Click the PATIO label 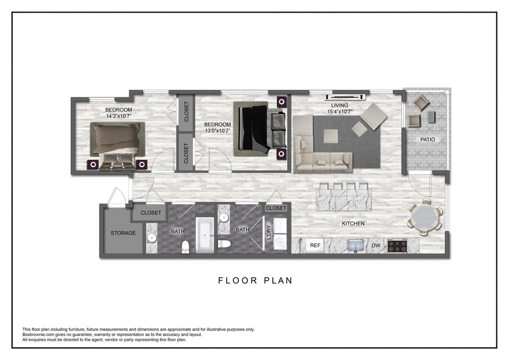point(428,140)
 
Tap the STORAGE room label point(123,233)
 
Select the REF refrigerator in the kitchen point(315,246)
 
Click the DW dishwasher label point(376,246)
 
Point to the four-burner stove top point(397,245)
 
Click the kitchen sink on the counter point(356,245)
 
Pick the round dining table point(425,218)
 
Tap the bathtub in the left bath point(205,235)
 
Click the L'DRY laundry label point(268,233)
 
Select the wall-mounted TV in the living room point(345,96)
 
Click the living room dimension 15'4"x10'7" point(340,112)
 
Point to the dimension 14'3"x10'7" point(119,116)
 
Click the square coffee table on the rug point(330,136)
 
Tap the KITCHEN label point(353,224)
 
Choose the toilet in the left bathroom point(185,247)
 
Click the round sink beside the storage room point(151,238)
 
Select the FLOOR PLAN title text point(255,281)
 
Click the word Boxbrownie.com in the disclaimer point(37,334)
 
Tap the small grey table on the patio point(431,117)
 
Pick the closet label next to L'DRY point(276,208)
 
